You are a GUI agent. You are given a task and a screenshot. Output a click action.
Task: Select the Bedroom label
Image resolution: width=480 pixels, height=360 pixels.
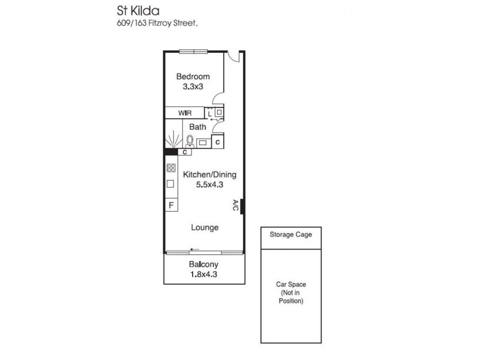pyautogui.click(x=193, y=76)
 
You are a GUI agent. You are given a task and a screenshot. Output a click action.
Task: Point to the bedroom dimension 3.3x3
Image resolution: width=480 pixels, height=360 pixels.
pyautogui.click(x=193, y=86)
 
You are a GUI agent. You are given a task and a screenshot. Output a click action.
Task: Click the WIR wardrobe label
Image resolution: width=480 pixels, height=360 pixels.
pyautogui.click(x=184, y=113)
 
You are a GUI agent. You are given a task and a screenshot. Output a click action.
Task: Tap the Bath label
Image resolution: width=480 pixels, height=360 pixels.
pyautogui.click(x=197, y=127)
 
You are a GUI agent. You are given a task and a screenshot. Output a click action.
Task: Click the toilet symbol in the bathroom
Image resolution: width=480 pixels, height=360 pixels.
pyautogui.click(x=190, y=141)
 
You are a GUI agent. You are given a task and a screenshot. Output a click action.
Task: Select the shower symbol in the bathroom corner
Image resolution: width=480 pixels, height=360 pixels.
pyautogui.click(x=172, y=140)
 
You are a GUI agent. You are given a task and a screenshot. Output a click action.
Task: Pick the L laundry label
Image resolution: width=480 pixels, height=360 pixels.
pyautogui.click(x=209, y=113)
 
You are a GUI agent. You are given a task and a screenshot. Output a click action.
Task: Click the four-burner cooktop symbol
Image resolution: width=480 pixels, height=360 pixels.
pyautogui.click(x=170, y=169)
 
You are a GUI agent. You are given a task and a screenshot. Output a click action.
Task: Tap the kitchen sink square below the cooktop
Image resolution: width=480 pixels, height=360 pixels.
pyautogui.click(x=170, y=184)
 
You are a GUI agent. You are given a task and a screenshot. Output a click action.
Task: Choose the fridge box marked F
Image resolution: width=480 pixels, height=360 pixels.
pyautogui.click(x=171, y=206)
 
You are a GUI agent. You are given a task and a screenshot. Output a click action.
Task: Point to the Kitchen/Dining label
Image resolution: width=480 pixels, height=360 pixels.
pyautogui.click(x=209, y=175)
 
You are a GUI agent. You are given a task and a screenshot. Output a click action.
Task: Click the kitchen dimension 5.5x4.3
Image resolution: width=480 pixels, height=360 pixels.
pyautogui.click(x=209, y=185)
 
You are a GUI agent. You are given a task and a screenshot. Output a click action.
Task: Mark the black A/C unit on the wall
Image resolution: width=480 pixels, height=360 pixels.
pyautogui.click(x=241, y=206)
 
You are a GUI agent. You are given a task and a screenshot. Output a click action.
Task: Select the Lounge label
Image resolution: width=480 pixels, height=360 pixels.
pyautogui.click(x=205, y=228)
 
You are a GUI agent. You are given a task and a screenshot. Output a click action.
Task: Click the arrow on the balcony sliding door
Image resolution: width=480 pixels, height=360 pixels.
pyautogui.click(x=194, y=249)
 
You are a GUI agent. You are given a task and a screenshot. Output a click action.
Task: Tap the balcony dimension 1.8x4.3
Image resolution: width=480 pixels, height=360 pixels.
pyautogui.click(x=203, y=275)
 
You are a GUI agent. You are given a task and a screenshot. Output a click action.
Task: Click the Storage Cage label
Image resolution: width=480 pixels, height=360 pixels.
pyautogui.click(x=291, y=235)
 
